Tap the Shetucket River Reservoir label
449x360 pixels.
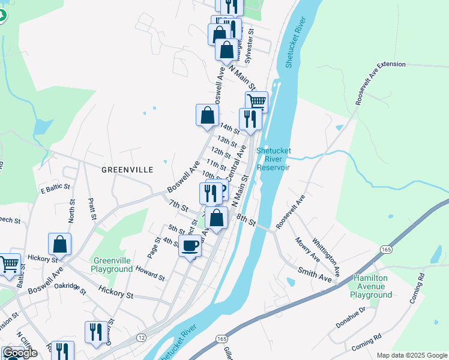(x=273, y=159)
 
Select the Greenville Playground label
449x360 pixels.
(x=112, y=265)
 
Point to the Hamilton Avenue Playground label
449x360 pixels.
(x=372, y=287)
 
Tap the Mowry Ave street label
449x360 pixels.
(x=307, y=250)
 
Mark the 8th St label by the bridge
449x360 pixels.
(x=246, y=220)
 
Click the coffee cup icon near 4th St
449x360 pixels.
(x=190, y=245)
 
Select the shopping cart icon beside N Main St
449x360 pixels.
(x=256, y=101)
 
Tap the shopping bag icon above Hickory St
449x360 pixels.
(x=59, y=244)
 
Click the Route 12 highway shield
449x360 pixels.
(x=140, y=338)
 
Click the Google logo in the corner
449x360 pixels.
(x=20, y=353)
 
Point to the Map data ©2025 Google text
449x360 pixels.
(x=411, y=355)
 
